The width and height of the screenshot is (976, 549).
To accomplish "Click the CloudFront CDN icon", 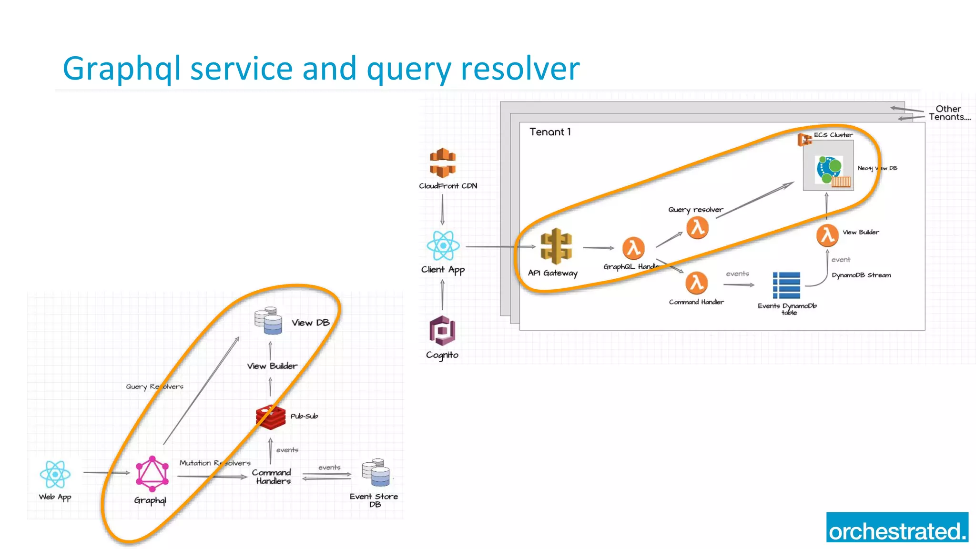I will [x=443, y=163].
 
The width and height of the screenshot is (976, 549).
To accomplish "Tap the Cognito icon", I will [x=442, y=330].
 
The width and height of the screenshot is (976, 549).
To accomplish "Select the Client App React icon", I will [x=443, y=245].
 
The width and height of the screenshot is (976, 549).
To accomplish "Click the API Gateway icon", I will [x=556, y=246].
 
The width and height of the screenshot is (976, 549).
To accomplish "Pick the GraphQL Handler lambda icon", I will [x=633, y=248].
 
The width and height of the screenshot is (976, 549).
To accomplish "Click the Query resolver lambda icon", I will [x=697, y=228].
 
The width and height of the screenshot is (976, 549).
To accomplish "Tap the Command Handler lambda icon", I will [x=696, y=283].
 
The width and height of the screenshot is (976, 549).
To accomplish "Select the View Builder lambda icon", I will [x=827, y=235].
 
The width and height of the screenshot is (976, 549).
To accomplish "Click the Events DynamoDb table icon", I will [x=786, y=285].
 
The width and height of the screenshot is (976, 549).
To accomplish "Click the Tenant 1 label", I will [x=550, y=132].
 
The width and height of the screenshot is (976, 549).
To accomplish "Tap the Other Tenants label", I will [x=949, y=113].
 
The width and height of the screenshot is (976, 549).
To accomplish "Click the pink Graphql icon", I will [x=152, y=474].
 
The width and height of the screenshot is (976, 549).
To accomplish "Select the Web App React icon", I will [x=55, y=474].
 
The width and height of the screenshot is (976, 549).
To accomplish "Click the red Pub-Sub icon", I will [x=271, y=417].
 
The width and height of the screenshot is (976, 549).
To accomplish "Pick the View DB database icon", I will [x=268, y=321].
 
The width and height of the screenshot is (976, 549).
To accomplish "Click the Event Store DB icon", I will [x=376, y=472].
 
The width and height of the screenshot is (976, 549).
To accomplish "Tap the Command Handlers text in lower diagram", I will [x=272, y=477].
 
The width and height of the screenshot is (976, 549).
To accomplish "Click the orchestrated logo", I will [x=897, y=527].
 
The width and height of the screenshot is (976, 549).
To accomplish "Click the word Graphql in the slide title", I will [x=122, y=68].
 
